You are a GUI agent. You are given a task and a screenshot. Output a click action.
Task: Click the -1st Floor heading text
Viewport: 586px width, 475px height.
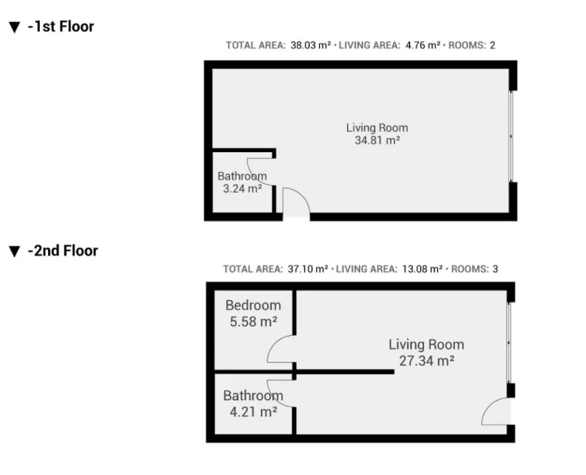click(x=60, y=27)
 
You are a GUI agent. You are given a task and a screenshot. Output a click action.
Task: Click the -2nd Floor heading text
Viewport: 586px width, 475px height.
click(x=63, y=251)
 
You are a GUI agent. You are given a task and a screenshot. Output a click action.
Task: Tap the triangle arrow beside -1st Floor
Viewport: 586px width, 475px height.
click(x=14, y=27)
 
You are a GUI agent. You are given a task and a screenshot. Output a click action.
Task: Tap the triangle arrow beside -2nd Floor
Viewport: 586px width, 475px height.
click(x=14, y=252)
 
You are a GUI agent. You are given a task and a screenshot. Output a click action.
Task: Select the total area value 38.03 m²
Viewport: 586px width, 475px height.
click(x=311, y=45)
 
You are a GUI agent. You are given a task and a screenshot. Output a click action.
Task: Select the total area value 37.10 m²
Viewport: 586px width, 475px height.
click(x=307, y=269)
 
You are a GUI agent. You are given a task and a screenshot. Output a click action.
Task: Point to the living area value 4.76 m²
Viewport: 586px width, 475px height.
click(x=423, y=45)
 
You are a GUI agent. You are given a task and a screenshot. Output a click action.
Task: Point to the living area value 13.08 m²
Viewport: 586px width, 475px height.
click(x=422, y=269)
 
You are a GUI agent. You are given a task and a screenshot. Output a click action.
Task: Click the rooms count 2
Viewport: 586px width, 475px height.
click(x=493, y=45)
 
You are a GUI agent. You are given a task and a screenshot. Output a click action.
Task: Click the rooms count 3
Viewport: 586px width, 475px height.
click(x=495, y=269)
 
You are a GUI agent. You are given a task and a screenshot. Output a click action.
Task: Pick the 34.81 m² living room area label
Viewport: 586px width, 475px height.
click(x=377, y=141)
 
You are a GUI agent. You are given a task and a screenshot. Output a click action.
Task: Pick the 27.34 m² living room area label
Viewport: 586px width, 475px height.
click(x=426, y=361)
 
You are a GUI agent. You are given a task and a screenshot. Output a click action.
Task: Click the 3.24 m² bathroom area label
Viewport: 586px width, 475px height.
click(x=242, y=188)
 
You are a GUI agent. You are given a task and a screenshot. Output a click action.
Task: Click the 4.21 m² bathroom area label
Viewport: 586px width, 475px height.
click(x=253, y=412)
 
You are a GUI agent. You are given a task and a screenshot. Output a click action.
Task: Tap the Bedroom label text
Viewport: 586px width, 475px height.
click(x=253, y=306)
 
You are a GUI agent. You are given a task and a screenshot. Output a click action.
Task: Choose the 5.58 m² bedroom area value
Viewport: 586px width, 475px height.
click(x=253, y=321)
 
